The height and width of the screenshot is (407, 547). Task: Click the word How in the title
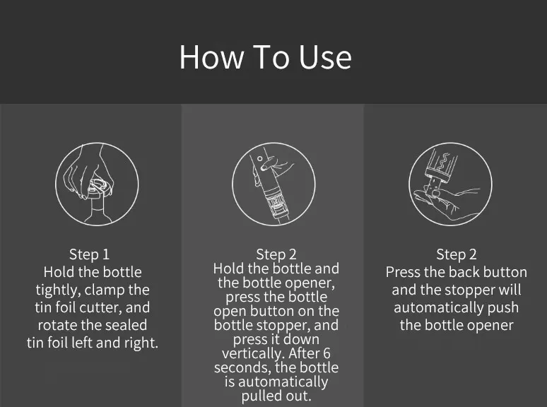pyautogui.click(x=211, y=57)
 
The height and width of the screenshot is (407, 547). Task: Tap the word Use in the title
pyautogui.click(x=325, y=57)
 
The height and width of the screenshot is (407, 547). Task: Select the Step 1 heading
pyautogui.click(x=89, y=254)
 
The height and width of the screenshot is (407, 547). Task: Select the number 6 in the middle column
pyautogui.click(x=327, y=353)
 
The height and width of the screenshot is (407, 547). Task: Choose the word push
pyautogui.click(x=503, y=308)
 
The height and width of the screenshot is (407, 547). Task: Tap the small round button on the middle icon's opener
pyautogui.click(x=259, y=159)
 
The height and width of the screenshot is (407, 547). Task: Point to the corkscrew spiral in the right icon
pyautogui.click(x=442, y=162)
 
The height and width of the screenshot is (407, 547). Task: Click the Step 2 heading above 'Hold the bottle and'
pyautogui.click(x=276, y=254)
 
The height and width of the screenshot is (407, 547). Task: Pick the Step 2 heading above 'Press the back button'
pyautogui.click(x=457, y=254)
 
